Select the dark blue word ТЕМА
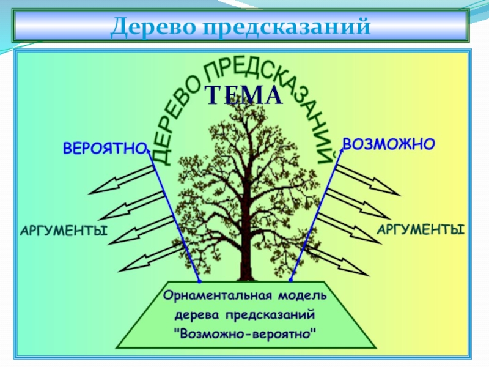point(243,95)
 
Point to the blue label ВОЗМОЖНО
point(388,144)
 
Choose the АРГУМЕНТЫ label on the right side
point(420,230)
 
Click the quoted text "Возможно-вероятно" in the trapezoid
point(245,335)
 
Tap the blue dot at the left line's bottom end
point(200,281)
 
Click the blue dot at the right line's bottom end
point(290,281)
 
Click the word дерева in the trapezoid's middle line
point(197,316)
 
